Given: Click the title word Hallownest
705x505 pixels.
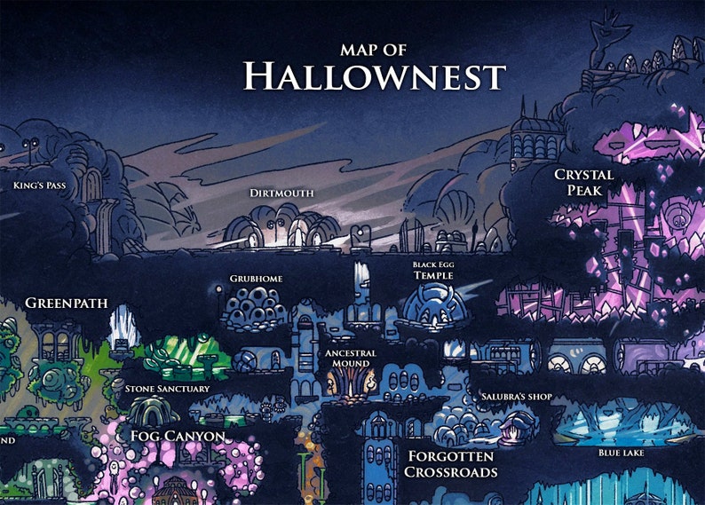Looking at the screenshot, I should point(375,76).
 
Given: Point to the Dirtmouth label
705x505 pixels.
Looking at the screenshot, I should point(281,193).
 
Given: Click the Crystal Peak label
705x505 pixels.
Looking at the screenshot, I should point(584,182).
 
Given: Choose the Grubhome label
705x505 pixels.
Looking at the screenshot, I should point(256,279).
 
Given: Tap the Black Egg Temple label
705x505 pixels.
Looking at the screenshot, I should point(433,271).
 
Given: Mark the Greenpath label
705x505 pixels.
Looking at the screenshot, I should point(67,304).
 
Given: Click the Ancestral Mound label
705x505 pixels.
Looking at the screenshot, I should point(351,358).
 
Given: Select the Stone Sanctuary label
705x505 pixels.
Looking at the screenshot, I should point(167,389).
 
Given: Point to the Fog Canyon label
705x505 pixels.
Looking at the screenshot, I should point(177,436).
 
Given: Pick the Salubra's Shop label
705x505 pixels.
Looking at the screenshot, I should point(517,397).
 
